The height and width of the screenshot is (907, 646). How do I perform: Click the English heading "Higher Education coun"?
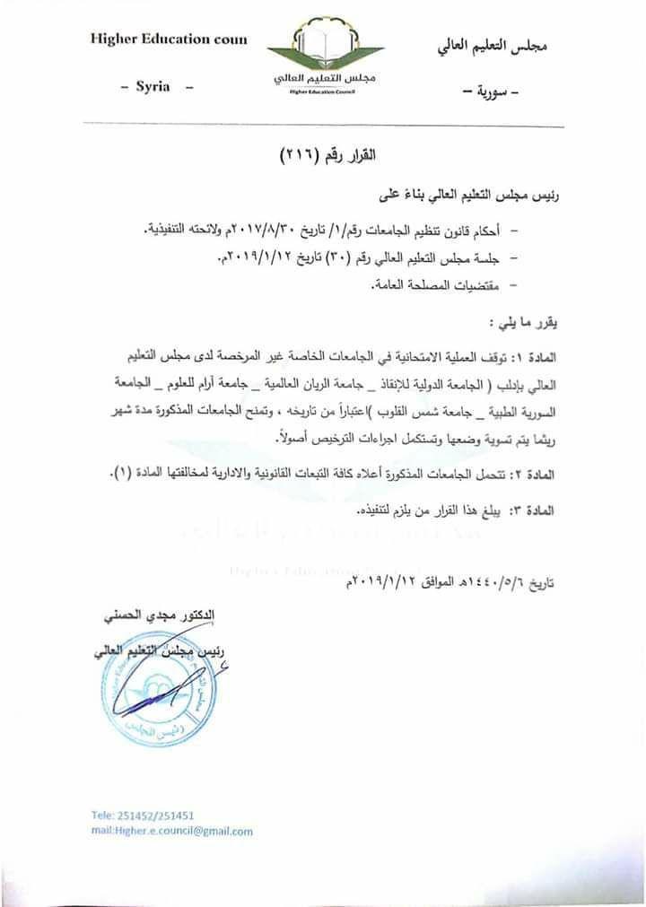[x=168, y=40]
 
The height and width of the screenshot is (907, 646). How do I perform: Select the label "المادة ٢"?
[x=533, y=474]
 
